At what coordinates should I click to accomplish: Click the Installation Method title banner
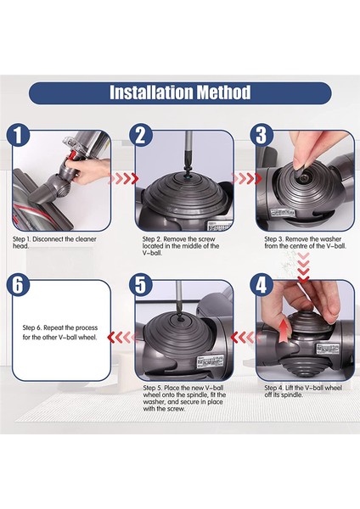[180, 92]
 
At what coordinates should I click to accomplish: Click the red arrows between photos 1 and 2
[126, 180]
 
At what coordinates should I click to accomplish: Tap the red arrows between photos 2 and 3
[246, 180]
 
